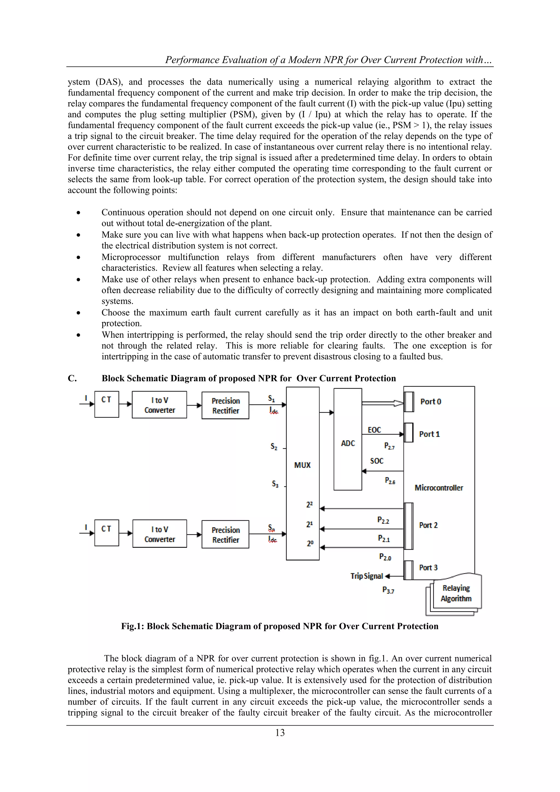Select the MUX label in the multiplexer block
coord(302,465)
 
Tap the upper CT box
coord(107,404)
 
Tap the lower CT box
coord(107,533)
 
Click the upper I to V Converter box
coord(159,405)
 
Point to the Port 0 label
coord(430,402)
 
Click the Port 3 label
coord(428,567)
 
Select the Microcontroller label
coord(439,488)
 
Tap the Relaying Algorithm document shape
coord(456,593)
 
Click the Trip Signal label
coord(367,576)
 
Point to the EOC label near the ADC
coord(374,430)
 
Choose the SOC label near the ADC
coord(377,461)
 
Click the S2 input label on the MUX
coord(274,447)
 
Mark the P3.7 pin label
coord(388,590)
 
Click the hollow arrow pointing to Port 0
coord(383,403)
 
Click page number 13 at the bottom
coord(280,733)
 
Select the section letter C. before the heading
coord(72,378)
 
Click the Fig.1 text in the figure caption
coord(132,626)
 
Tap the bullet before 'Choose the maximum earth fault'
coord(79,313)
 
